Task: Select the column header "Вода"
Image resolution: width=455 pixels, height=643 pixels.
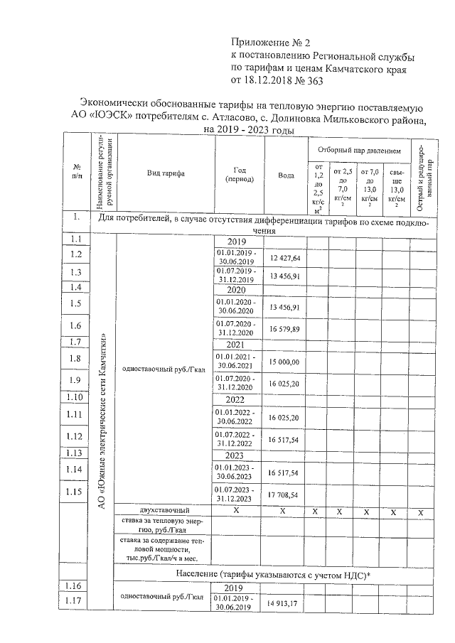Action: [286, 175]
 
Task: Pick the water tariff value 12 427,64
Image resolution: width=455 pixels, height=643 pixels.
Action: [284, 257]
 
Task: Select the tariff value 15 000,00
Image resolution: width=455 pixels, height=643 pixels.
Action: [284, 362]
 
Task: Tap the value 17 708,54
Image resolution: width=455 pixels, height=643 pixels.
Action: [284, 494]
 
